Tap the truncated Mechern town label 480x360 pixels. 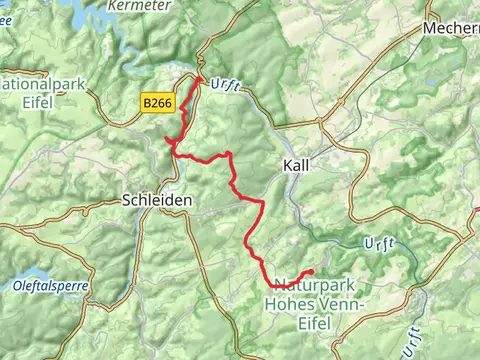[451, 28]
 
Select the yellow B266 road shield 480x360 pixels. [156, 102]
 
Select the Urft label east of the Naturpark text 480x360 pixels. [380, 244]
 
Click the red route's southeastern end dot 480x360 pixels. [311, 272]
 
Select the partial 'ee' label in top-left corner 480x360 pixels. [5, 4]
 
